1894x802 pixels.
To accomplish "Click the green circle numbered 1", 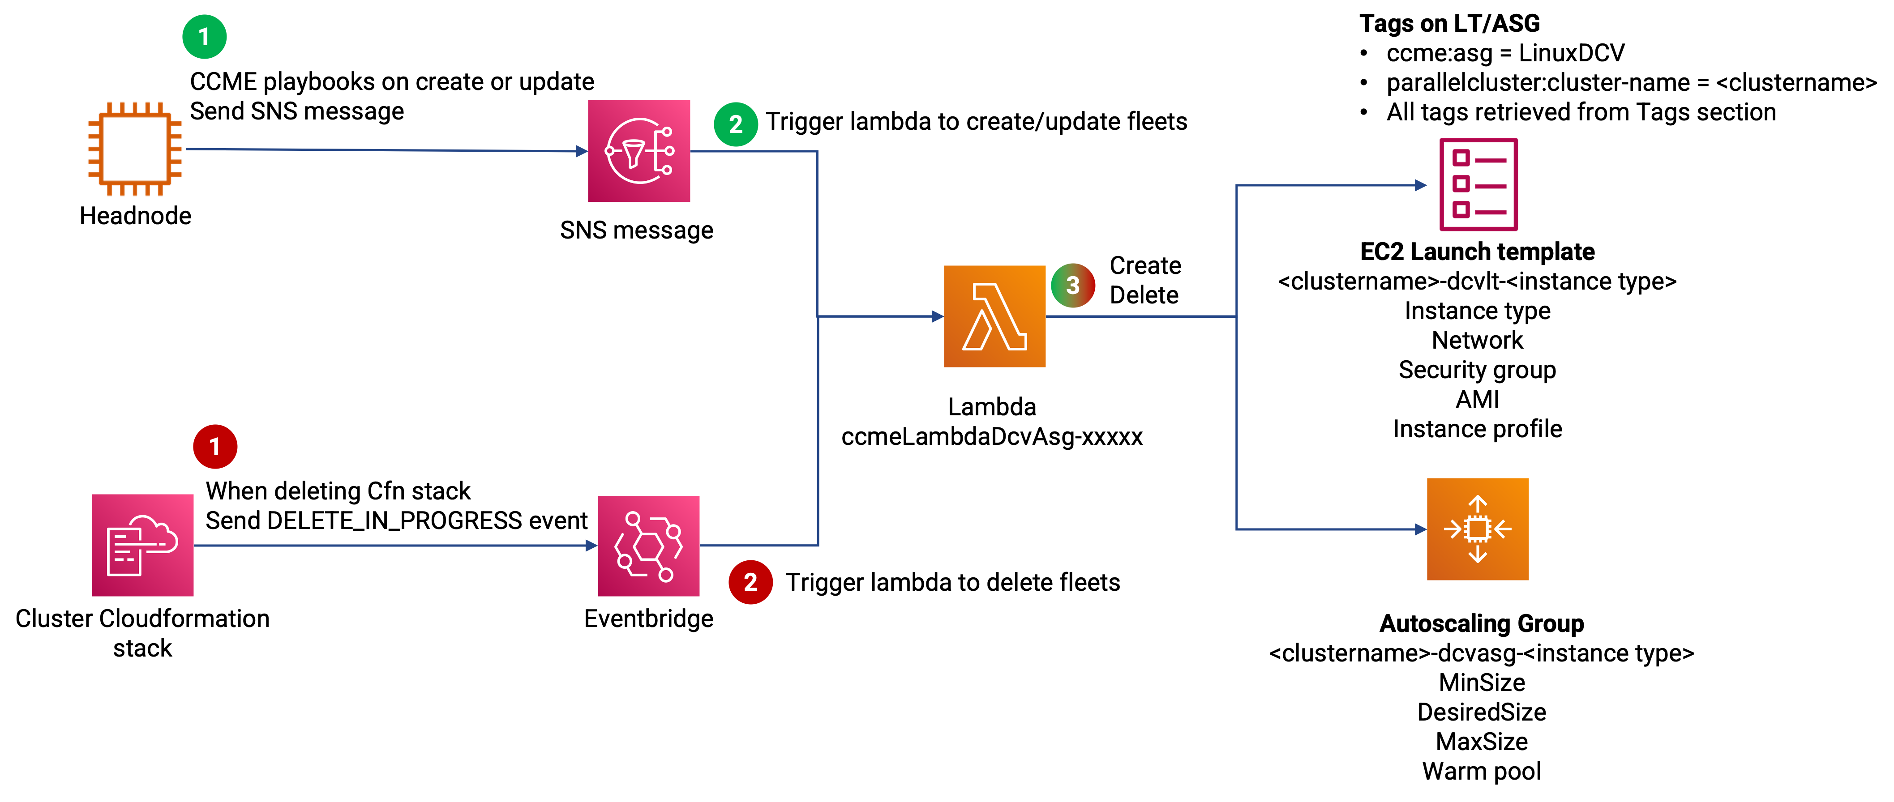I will (x=204, y=37).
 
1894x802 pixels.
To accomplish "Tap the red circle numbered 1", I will (x=214, y=446).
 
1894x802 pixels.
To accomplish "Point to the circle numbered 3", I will (x=1073, y=285).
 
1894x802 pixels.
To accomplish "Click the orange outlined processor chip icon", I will (x=135, y=149).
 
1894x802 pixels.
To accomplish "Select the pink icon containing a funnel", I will (x=639, y=151).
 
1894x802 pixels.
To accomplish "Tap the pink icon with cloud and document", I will (x=143, y=545).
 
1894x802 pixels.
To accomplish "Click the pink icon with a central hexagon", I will (x=648, y=546).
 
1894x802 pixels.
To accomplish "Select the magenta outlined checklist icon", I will (x=1478, y=184).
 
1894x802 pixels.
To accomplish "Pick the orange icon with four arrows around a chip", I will (x=1478, y=529).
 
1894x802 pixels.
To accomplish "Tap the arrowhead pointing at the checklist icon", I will (x=1421, y=185).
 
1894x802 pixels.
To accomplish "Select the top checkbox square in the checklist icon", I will (x=1461, y=158).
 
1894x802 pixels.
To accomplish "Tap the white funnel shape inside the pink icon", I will (x=633, y=154).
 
